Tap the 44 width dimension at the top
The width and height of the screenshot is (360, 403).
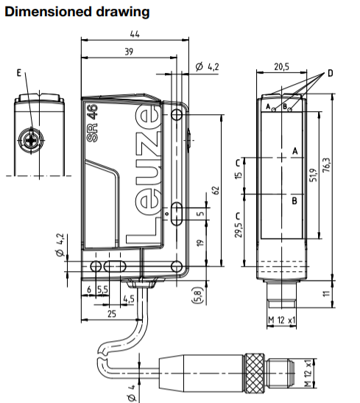pos(135,35)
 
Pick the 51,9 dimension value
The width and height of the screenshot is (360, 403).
pos(313,178)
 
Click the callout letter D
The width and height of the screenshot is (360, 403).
pos(331,74)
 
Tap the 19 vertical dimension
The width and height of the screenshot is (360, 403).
pos(200,243)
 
